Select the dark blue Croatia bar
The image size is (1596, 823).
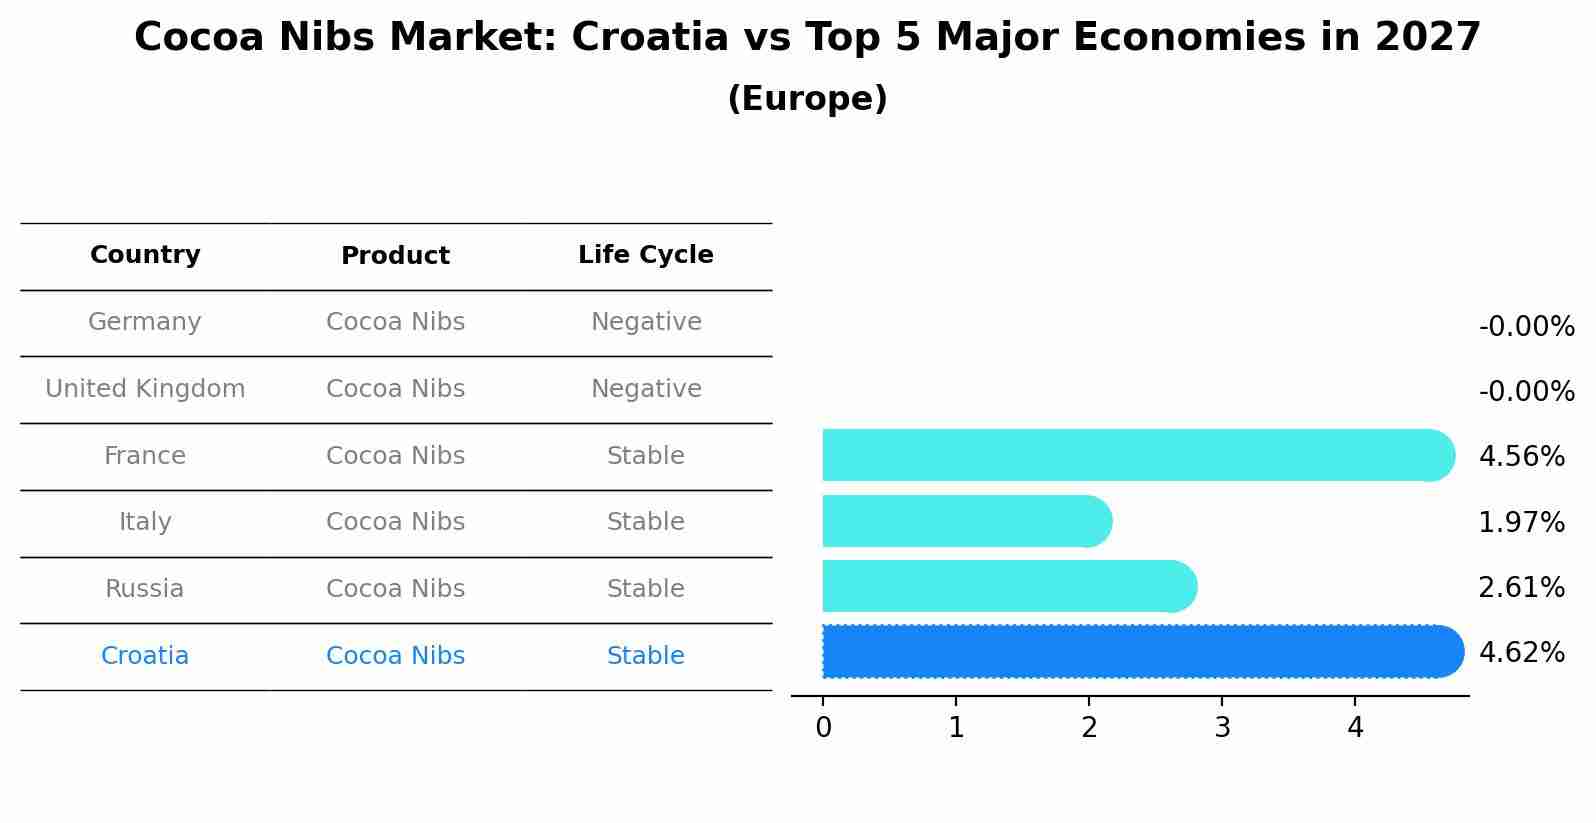point(1140,652)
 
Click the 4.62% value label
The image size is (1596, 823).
point(1521,653)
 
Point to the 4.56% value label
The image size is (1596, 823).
point(1521,457)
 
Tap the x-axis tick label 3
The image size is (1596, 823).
point(1222,728)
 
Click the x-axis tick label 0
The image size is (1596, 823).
point(823,728)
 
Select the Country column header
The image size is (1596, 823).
point(145,255)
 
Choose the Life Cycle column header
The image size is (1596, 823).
point(645,255)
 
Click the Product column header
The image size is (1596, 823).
point(395,256)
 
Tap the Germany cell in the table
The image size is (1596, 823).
point(145,322)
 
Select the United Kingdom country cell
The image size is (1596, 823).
point(145,389)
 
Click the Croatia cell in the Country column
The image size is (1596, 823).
point(145,656)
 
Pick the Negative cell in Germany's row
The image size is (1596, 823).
point(646,322)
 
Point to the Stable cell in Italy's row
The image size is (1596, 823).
point(645,522)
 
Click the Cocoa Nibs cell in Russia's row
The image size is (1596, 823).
point(395,589)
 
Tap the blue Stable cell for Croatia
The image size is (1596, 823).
point(645,656)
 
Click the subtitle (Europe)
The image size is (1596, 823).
point(807,99)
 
